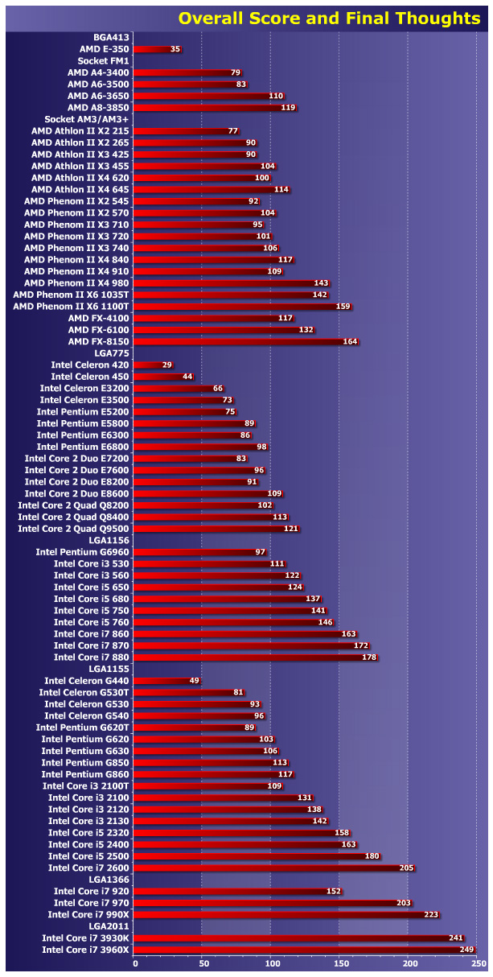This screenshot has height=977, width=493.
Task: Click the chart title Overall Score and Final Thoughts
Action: [329, 18]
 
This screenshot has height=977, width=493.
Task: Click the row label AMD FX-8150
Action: [98, 341]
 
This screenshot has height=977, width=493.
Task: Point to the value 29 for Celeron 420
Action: [167, 365]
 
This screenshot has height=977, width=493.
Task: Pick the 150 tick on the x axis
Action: [339, 963]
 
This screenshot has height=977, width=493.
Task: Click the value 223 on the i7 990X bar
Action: [432, 914]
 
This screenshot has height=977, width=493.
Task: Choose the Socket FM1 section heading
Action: [104, 60]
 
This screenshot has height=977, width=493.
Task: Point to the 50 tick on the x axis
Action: [202, 963]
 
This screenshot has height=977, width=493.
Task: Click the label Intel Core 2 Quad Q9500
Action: [73, 528]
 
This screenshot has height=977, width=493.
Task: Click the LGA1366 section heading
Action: [109, 880]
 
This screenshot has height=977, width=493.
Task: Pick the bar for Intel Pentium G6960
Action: [193, 551]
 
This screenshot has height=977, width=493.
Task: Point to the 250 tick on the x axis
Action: [478, 963]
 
